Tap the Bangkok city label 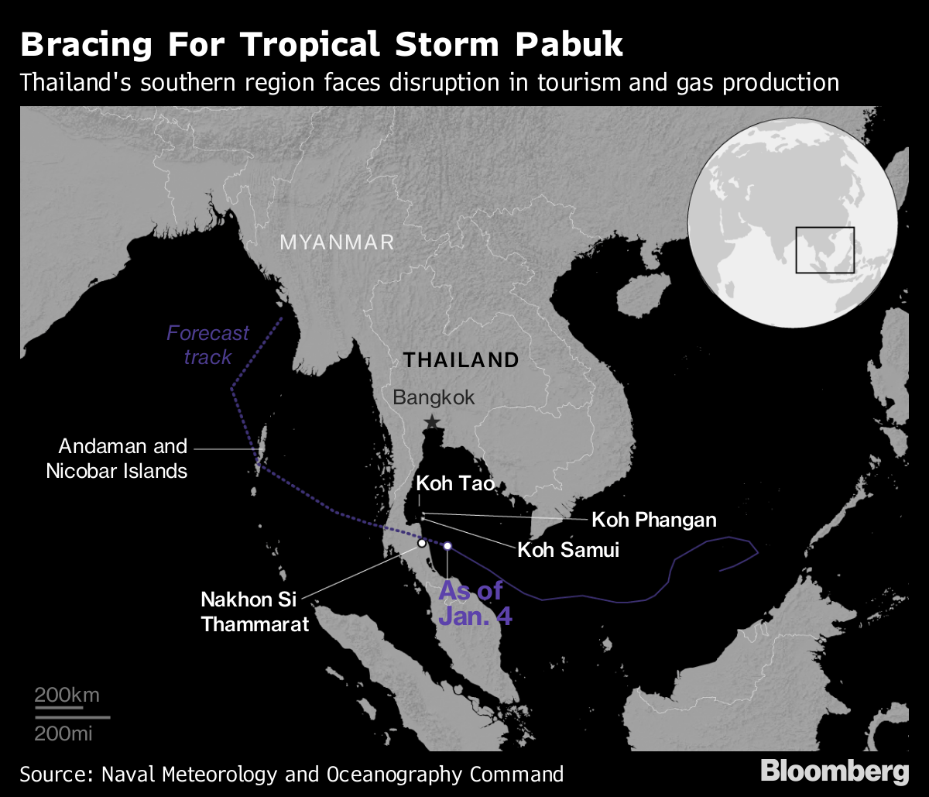coord(434,398)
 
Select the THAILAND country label coord(461,359)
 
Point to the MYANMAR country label coord(337,242)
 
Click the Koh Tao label coord(454,484)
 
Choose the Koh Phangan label coord(654,519)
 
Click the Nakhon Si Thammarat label coord(255,611)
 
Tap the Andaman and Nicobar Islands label coord(117,458)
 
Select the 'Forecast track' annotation coord(207,345)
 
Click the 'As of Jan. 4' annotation coord(471,603)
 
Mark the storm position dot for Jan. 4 coord(447,546)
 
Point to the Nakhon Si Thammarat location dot coord(422,544)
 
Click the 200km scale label coord(67,695)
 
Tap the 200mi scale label coord(64,733)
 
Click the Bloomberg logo coord(835,771)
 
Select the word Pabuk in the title coord(574,45)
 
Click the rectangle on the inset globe coord(824,250)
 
